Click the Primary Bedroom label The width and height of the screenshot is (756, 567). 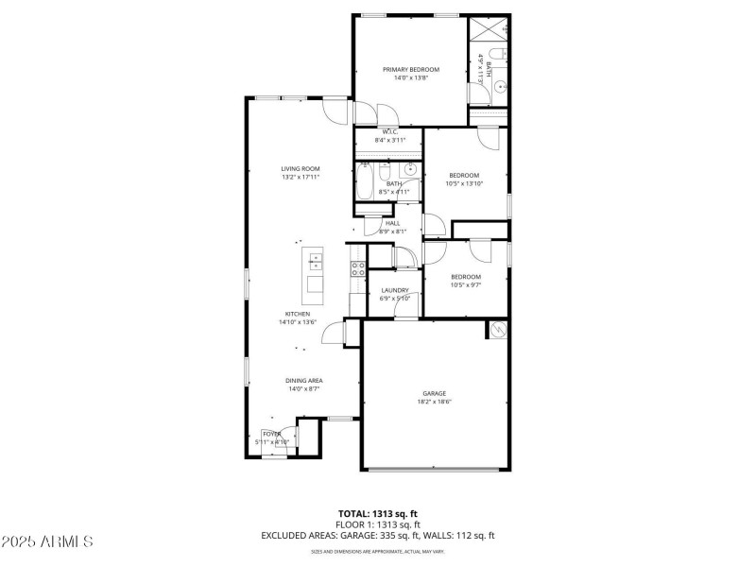[x=410, y=69]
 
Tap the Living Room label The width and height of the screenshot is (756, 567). [x=300, y=168]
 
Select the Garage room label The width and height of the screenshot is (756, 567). [x=434, y=393]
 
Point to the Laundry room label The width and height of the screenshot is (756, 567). [x=395, y=290]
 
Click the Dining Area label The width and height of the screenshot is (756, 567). [x=304, y=380]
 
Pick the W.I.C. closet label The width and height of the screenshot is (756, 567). [x=389, y=131]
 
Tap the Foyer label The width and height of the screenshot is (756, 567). [x=273, y=434]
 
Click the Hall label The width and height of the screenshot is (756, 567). [x=392, y=223]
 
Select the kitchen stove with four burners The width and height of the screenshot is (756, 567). [x=358, y=271]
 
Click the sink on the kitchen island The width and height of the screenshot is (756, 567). [x=314, y=261]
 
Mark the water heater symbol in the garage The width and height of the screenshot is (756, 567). [x=497, y=329]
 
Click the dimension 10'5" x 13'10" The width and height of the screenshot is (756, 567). [x=464, y=183]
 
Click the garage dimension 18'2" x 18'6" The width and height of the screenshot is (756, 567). [x=434, y=402]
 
